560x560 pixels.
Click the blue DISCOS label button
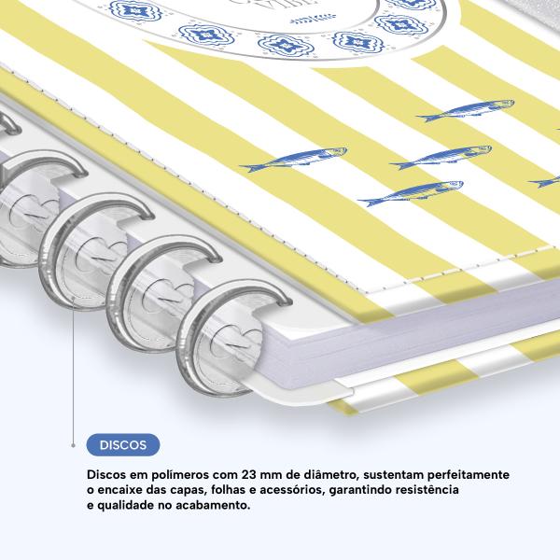click(x=123, y=444)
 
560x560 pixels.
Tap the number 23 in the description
click(x=248, y=475)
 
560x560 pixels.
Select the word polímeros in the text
click(x=180, y=475)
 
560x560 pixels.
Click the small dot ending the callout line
click(x=73, y=445)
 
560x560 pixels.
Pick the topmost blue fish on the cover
click(x=466, y=110)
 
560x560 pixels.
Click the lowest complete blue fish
click(x=411, y=193)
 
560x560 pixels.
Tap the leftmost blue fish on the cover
click(x=294, y=159)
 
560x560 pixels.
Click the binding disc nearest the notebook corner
click(x=221, y=340)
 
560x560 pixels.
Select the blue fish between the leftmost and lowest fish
click(x=441, y=157)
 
